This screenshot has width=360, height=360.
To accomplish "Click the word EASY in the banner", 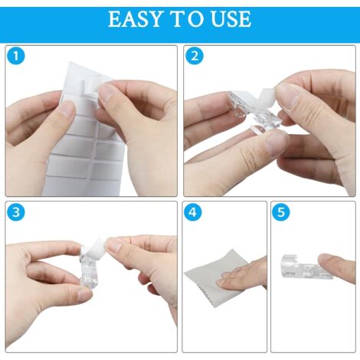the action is click(x=136, y=19).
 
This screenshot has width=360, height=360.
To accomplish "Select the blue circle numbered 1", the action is click(x=16, y=56).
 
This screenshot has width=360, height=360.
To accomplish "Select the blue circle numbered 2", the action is click(x=195, y=56).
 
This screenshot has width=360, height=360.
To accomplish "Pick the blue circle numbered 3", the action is click(x=16, y=211).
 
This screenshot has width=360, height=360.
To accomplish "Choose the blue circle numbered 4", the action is click(x=192, y=211).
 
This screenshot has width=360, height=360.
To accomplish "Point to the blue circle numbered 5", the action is click(x=281, y=211).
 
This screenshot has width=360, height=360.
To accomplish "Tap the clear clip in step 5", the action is click(x=301, y=266).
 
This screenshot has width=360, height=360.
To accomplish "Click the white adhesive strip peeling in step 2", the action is click(x=268, y=95).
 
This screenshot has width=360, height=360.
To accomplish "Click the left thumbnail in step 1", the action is click(x=67, y=110).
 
